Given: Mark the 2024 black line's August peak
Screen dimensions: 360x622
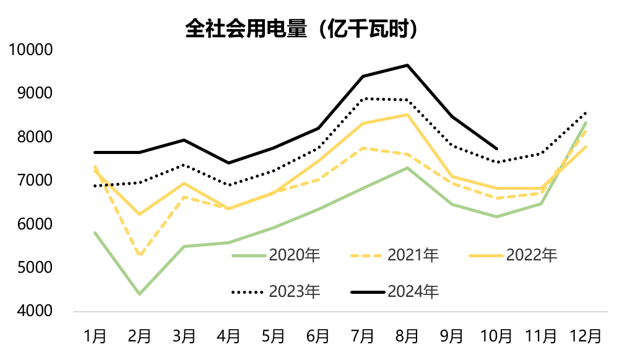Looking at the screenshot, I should pos(407,65).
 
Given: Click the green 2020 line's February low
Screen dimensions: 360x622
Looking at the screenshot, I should pos(140,294).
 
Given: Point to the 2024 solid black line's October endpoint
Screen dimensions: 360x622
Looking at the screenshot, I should pos(496,148).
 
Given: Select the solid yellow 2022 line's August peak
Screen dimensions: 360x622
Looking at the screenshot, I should pos(407,114).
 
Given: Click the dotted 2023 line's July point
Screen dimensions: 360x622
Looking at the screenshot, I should pos(363,98).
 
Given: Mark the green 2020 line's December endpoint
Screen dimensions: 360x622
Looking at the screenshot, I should pos(585,122).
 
